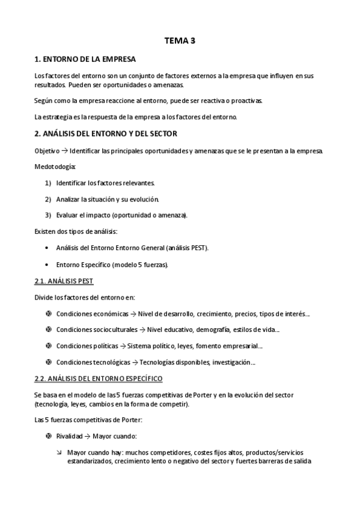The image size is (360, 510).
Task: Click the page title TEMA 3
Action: point(180,41)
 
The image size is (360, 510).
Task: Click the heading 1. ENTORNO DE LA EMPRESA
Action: point(85,60)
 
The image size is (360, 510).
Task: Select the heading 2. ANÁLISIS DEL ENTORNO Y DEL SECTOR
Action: point(105,132)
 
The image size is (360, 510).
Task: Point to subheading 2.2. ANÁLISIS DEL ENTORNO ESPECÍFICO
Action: point(98,378)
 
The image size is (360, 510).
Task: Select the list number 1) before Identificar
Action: point(47,182)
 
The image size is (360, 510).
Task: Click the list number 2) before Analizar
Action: point(47,198)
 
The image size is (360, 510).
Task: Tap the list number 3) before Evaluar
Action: point(47,215)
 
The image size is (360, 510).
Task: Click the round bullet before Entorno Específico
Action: point(47,264)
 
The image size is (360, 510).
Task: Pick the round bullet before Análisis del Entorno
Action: point(47,248)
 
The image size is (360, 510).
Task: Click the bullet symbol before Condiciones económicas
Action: point(48,313)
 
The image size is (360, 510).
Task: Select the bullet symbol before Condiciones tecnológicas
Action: point(48,362)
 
